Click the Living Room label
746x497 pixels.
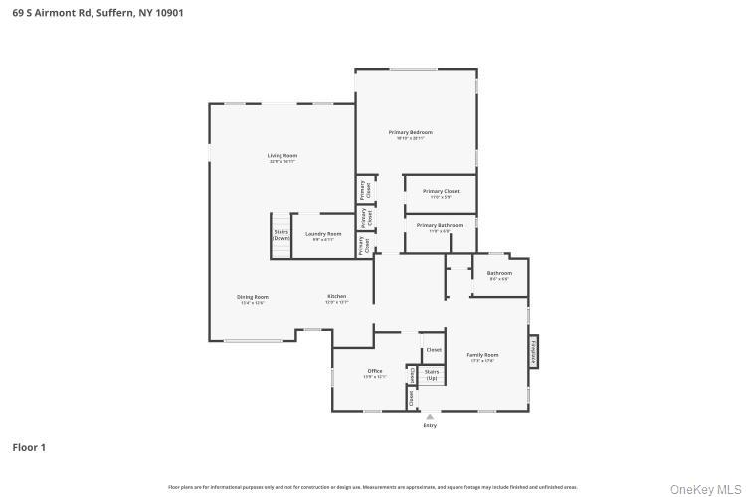[x=281, y=156]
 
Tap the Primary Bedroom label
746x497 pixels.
[x=410, y=132]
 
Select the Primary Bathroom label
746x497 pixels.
[x=440, y=226]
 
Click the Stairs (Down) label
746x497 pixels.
[x=281, y=235]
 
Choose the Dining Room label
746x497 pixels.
[x=252, y=297]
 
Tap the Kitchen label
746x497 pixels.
[x=337, y=297]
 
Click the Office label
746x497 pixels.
[x=374, y=372]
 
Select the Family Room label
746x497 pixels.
[x=482, y=355]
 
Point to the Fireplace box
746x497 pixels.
[x=533, y=350]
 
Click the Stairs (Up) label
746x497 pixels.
[x=433, y=375]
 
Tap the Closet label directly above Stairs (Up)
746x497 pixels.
[x=433, y=349]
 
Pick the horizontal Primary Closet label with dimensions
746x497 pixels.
[x=441, y=191]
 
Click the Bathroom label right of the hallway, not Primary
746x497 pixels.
[x=499, y=273]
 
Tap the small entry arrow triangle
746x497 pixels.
[x=430, y=417]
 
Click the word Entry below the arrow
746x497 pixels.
[x=430, y=426]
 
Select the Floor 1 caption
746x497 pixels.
[x=29, y=447]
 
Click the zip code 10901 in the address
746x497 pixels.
[x=166, y=13]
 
